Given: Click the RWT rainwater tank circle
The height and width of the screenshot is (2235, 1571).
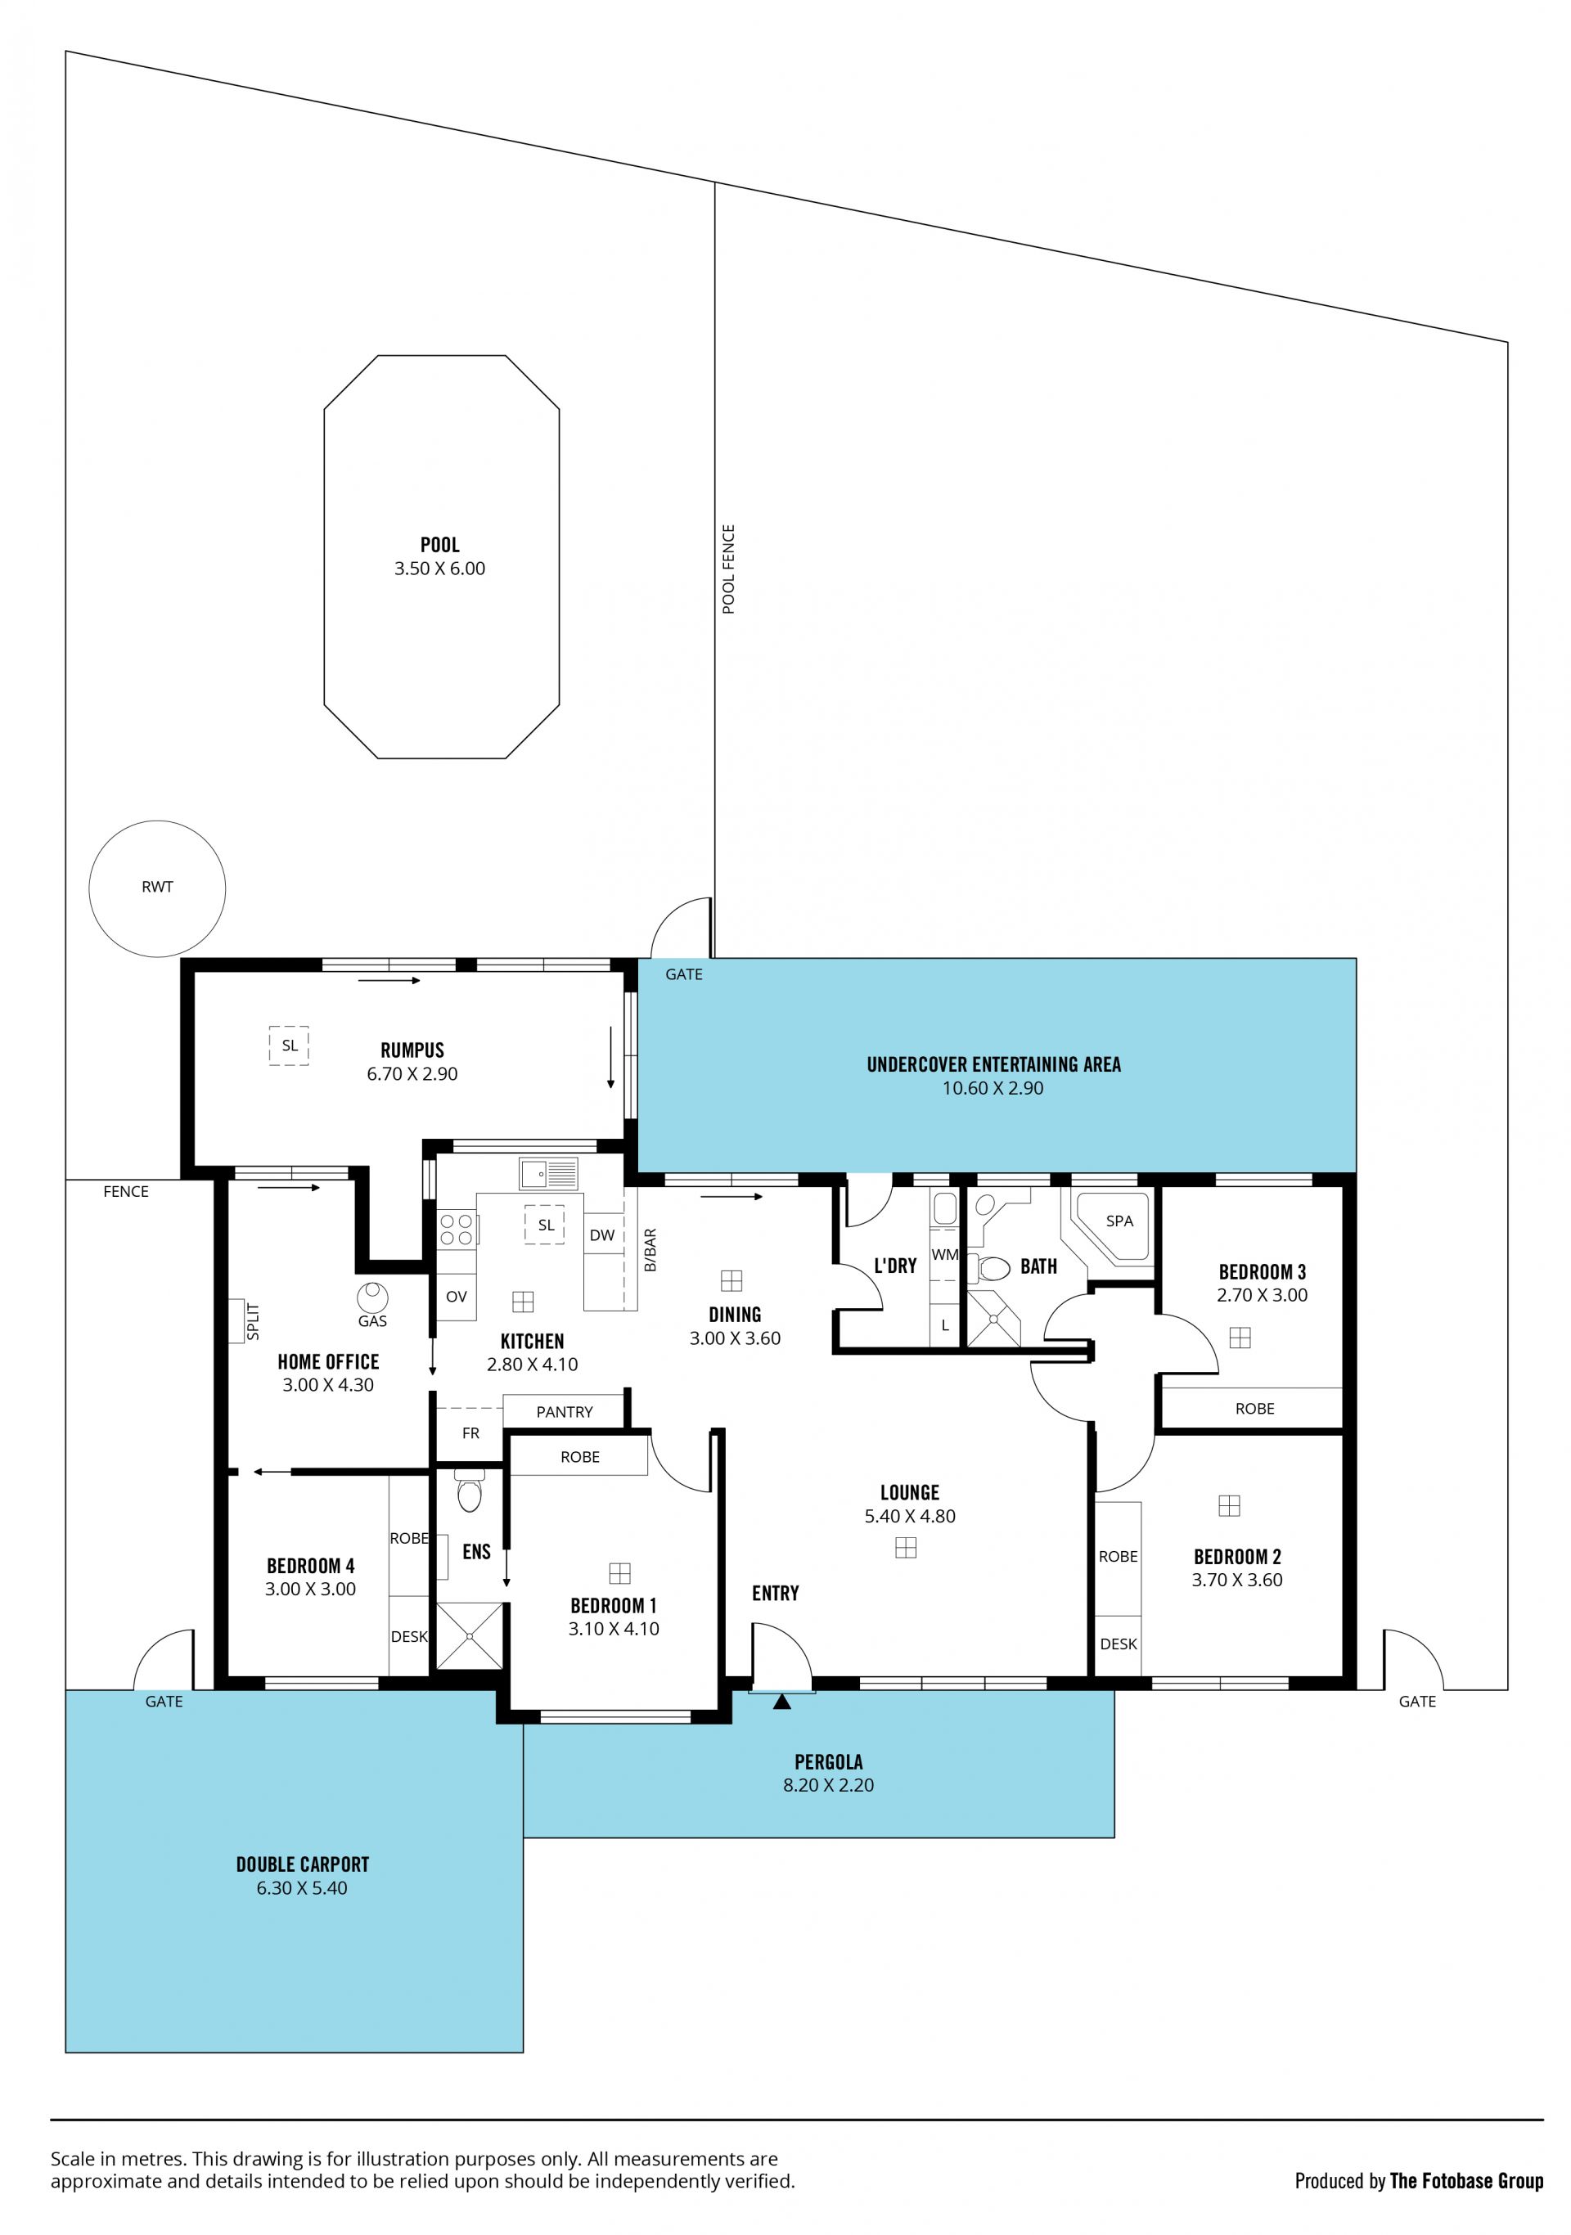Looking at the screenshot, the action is pos(89,888).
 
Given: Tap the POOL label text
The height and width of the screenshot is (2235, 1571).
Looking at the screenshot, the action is pos(440,545).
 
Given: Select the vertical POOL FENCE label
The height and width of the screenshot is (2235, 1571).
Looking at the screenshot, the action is pos(728,569).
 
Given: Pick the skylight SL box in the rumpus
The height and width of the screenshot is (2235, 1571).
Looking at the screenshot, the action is pos(289,1046).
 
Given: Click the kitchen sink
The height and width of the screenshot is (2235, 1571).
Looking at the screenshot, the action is pos(548,1173).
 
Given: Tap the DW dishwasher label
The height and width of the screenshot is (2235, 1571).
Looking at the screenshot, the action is pos(602,1235).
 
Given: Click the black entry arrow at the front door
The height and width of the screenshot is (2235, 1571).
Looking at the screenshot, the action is pos(781,1702).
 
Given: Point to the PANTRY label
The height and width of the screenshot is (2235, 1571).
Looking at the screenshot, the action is pos(565,1411).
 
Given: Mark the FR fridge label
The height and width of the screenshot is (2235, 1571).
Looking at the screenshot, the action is pos(471,1433).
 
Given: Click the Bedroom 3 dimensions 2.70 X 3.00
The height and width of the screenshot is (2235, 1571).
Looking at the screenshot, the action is pos(1262,1295).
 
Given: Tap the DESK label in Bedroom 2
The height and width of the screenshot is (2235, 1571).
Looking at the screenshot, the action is pos(1119,1644).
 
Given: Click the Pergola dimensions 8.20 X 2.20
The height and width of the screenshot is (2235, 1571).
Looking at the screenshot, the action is pos(828,1784).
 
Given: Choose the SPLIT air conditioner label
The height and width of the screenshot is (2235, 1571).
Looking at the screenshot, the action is pos(253,1321).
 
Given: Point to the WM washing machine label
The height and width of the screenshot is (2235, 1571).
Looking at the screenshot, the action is pos(944,1255).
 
